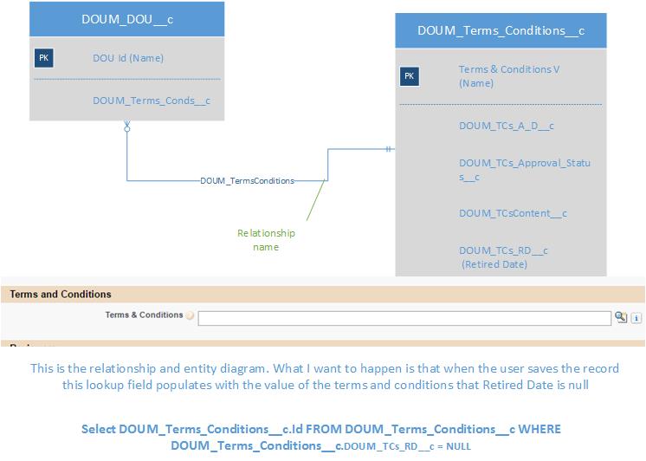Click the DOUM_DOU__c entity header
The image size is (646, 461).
pyautogui.click(x=127, y=18)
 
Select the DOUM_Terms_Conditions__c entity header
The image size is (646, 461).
pyautogui.click(x=501, y=30)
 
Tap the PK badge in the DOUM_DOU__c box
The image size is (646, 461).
pyautogui.click(x=44, y=58)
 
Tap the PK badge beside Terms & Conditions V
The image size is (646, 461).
pyautogui.click(x=410, y=76)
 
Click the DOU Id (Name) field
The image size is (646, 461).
pyautogui.click(x=128, y=58)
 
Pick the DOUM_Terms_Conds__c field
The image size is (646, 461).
pyautogui.click(x=152, y=101)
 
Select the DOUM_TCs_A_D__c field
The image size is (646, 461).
pyautogui.click(x=506, y=126)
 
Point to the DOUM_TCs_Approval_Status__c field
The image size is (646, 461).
pyautogui.click(x=525, y=169)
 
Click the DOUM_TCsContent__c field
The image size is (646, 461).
pyautogui.click(x=513, y=213)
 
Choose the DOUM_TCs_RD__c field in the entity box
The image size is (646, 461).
pyautogui.click(x=503, y=250)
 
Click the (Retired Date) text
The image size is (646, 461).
pyautogui.click(x=494, y=264)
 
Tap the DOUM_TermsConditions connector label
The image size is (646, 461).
pyautogui.click(x=247, y=181)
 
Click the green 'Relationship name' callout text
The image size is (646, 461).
pyautogui.click(x=266, y=240)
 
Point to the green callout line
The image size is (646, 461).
pyautogui.click(x=315, y=202)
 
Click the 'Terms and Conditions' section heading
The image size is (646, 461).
pyautogui.click(x=61, y=295)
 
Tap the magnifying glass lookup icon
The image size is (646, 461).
pyautogui.click(x=621, y=317)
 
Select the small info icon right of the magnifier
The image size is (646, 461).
pyautogui.click(x=636, y=318)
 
